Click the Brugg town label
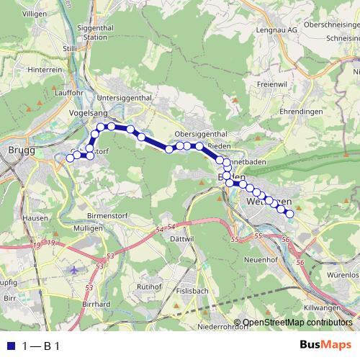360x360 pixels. pyautogui.click(x=16, y=149)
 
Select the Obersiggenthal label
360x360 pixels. pyautogui.click(x=201, y=134)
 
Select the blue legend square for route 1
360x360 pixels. pyautogui.click(x=9, y=346)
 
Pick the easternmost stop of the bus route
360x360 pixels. pyautogui.click(x=290, y=214)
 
